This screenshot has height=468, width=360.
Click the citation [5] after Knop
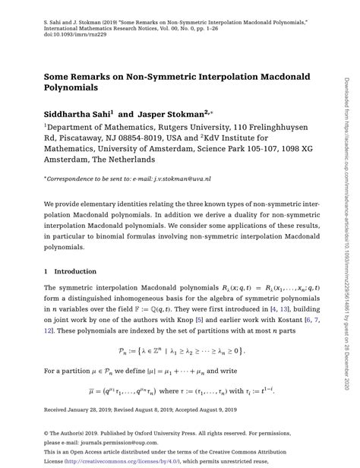[198, 310]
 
